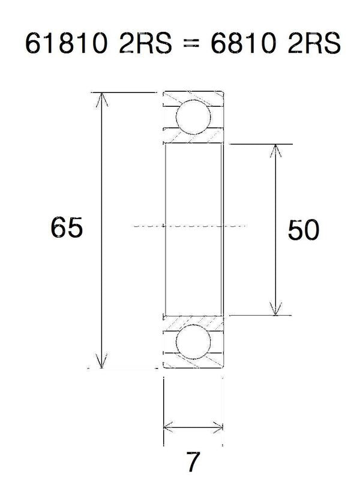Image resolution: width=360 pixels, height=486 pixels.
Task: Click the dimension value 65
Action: (66, 229)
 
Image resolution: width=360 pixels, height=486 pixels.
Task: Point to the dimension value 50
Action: (303, 230)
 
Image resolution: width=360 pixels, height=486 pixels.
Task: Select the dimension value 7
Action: (193, 462)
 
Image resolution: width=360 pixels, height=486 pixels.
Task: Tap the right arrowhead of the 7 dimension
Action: (219, 427)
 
